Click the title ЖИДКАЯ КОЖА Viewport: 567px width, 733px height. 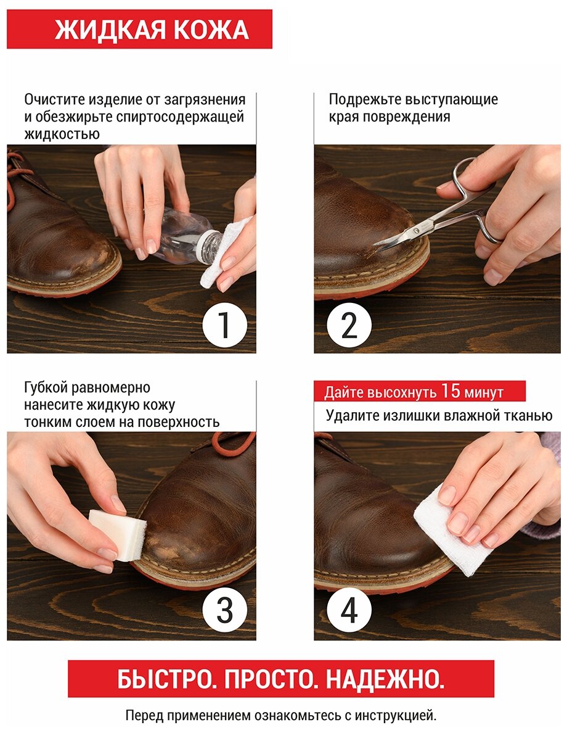point(152,30)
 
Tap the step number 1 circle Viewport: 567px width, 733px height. point(225,325)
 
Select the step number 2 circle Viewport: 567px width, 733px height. point(349,325)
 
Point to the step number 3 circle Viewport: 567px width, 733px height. point(225,610)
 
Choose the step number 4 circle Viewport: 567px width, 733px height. point(349,610)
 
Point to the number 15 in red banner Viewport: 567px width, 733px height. point(451,391)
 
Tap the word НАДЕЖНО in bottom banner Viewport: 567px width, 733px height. point(385,679)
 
